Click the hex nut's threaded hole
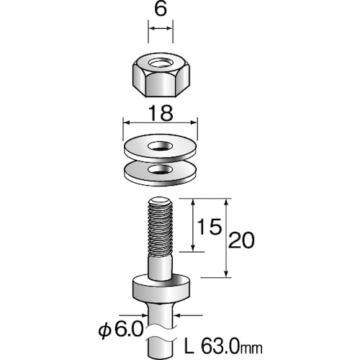pyautogui.click(x=160, y=67)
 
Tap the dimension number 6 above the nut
pyautogui.click(x=161, y=12)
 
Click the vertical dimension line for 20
pyautogui.click(x=227, y=238)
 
